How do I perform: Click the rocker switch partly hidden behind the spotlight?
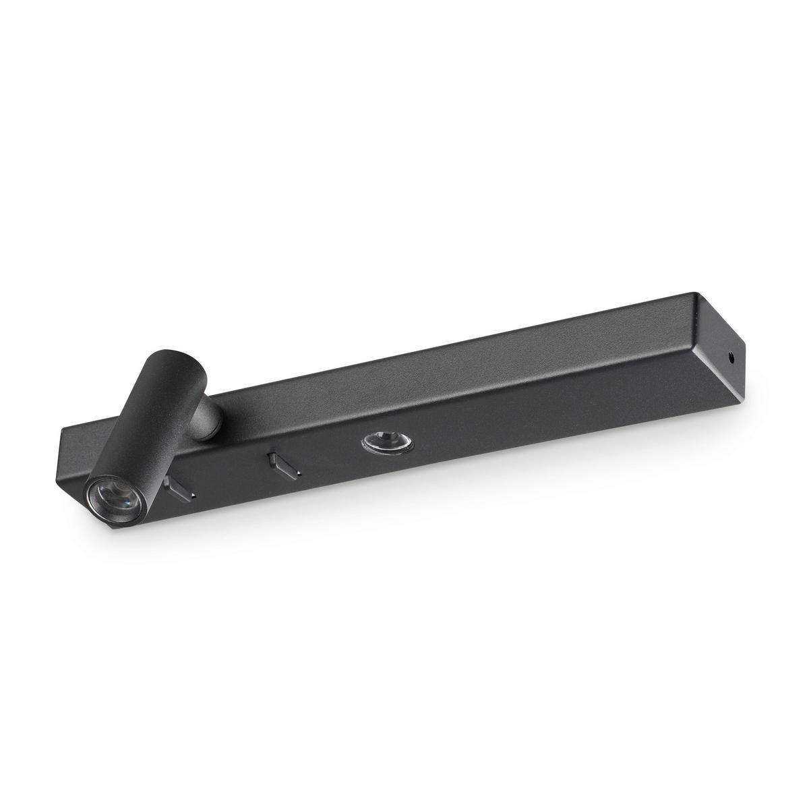pyautogui.click(x=179, y=487)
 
